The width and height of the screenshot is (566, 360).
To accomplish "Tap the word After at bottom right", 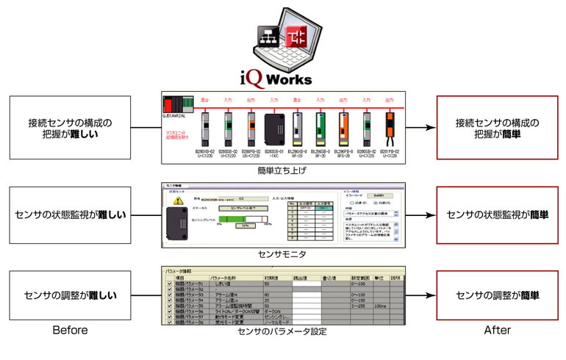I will [497, 331].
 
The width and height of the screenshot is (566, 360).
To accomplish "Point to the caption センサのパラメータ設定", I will [282, 332].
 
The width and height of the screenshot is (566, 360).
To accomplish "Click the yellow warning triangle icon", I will [177, 201].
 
